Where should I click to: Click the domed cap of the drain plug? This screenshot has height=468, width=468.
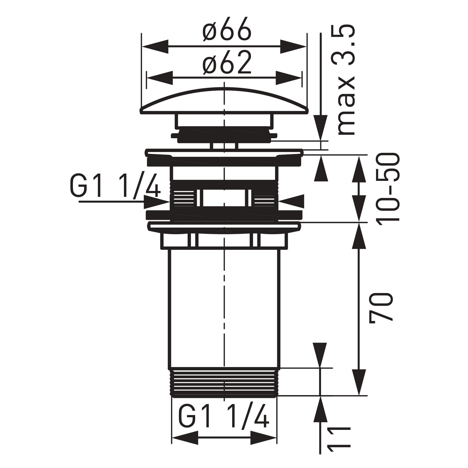pyautogui.click(x=224, y=101)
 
